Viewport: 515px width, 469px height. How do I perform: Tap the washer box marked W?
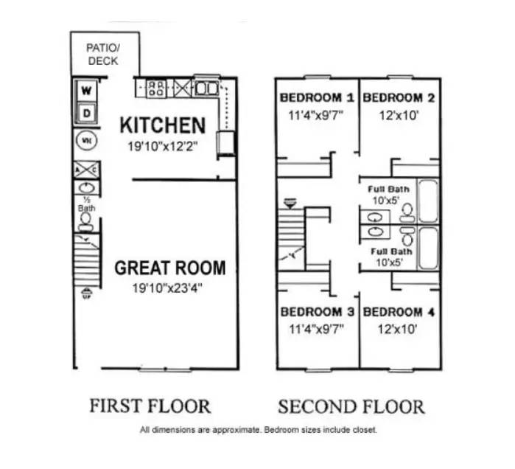coord(87,91)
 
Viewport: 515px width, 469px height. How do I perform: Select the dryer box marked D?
coord(87,114)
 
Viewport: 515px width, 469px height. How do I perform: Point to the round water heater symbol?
coord(86,139)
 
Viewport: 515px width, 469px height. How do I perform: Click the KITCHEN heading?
coord(162,125)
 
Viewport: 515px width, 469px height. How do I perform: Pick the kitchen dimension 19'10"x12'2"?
coord(162,147)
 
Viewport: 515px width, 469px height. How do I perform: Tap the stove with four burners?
coord(155,89)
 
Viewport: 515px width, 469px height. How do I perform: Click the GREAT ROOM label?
coord(169,268)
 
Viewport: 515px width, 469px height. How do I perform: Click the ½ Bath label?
coord(86,204)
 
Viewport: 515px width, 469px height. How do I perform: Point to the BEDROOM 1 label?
coord(317,97)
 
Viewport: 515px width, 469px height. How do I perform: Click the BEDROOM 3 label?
coord(317,312)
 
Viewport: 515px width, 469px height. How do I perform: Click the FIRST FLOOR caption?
coord(150,406)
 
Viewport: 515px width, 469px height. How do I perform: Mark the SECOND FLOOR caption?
coord(351,406)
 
